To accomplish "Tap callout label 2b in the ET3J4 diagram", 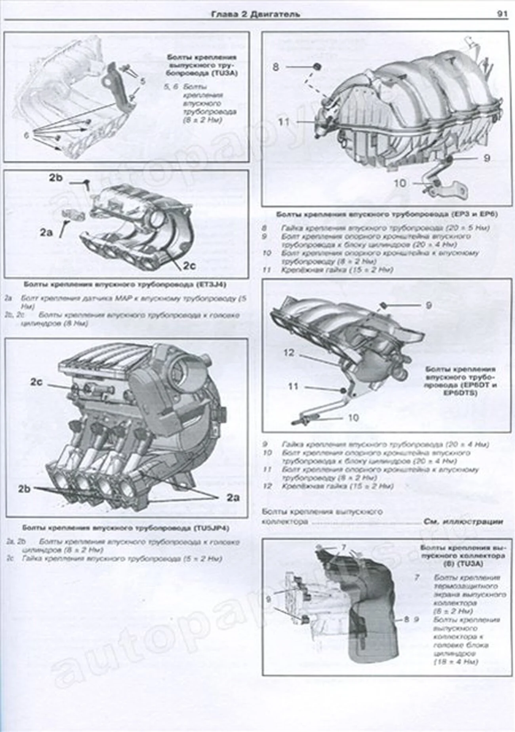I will point(56,178).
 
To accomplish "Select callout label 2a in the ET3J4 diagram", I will point(46,233).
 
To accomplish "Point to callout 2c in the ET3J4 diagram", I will point(189,266).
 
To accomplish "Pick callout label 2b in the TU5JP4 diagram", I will point(24,489).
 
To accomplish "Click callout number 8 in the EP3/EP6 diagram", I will point(276,67).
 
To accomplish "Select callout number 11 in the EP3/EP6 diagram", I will point(284,121).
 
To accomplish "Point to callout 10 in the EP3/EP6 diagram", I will point(400,183).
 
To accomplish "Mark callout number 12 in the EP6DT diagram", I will point(289,352).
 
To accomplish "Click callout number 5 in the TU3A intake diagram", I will point(143,81).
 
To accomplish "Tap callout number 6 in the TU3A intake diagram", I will point(26,135).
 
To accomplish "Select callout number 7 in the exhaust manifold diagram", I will point(343,547).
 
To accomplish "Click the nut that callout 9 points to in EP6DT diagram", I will point(383,305).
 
